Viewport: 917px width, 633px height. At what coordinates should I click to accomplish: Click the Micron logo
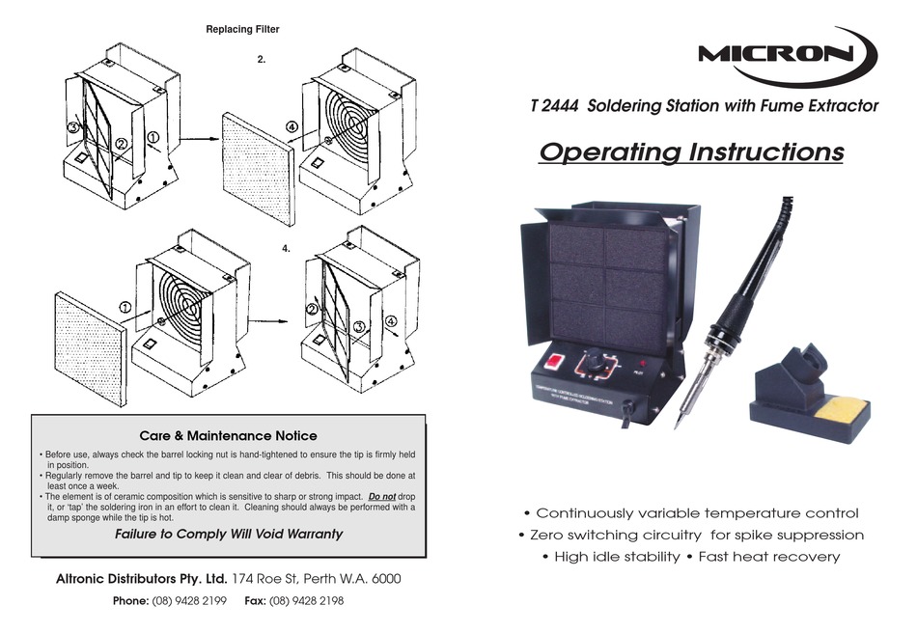tap(788, 54)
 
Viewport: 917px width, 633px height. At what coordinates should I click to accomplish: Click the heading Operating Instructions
tap(690, 152)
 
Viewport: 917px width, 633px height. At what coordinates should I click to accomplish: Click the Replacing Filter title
tap(242, 30)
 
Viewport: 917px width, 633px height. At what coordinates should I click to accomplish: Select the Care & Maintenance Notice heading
tap(228, 436)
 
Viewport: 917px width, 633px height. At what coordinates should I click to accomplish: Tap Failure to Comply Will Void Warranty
tap(229, 534)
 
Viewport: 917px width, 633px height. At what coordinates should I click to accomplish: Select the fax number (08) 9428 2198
tap(307, 600)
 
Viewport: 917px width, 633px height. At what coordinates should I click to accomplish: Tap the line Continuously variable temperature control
tap(690, 513)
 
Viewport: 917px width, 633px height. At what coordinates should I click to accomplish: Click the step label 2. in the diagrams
tap(262, 60)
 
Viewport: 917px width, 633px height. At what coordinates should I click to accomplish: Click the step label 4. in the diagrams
tap(287, 249)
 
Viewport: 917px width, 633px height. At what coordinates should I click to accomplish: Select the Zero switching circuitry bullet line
tap(690, 535)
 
